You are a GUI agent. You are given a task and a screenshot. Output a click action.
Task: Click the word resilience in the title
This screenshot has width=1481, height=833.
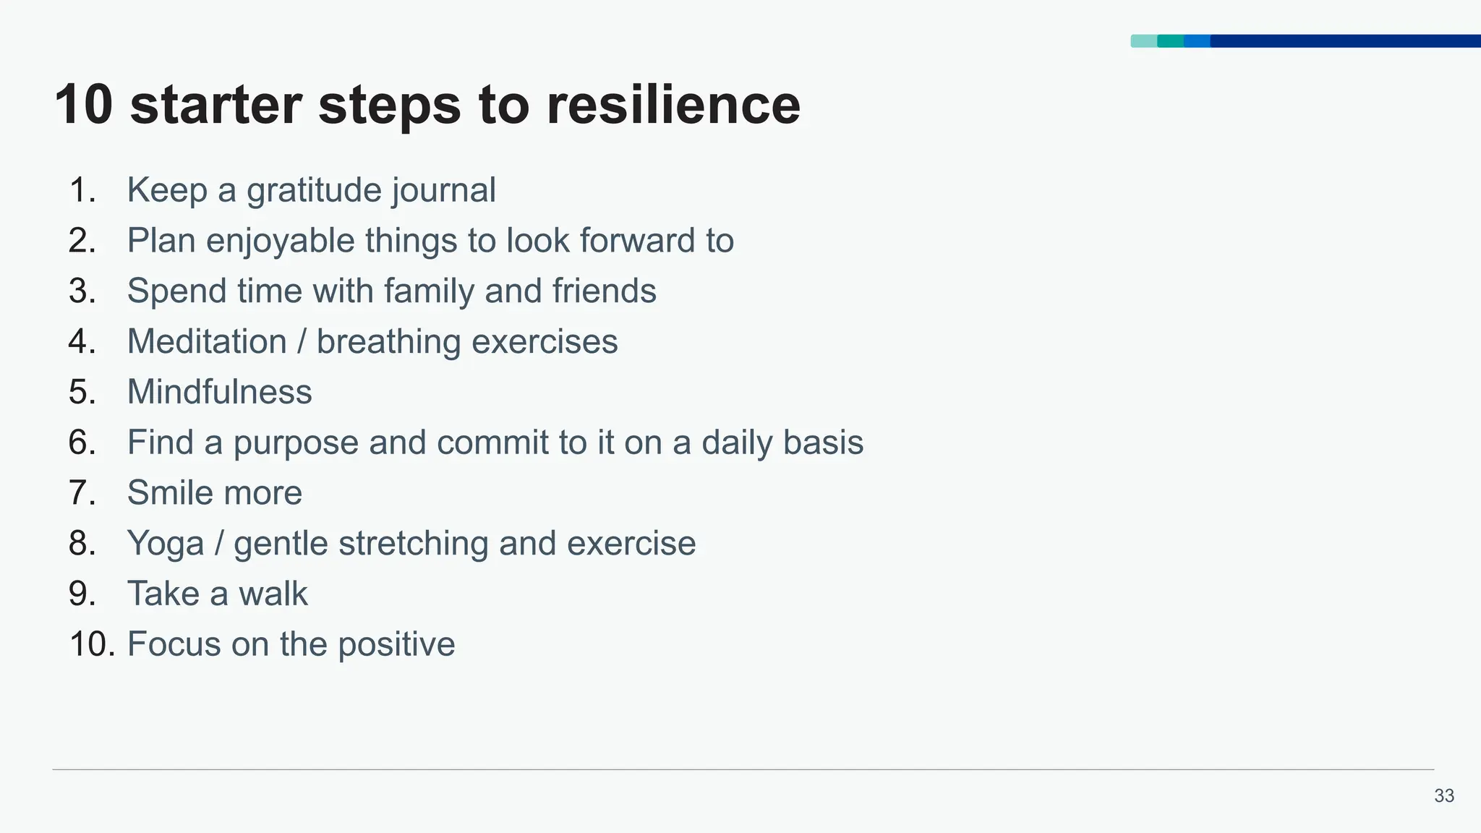tap(673, 105)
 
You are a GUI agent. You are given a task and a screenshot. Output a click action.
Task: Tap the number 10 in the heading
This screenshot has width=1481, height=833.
tap(83, 105)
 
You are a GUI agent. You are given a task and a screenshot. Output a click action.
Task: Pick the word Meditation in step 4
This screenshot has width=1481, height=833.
tap(207, 342)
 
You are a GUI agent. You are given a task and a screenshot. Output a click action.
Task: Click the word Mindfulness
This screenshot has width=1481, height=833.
tap(219, 392)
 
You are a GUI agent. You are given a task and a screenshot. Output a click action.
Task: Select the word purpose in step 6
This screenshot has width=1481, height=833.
tap(296, 443)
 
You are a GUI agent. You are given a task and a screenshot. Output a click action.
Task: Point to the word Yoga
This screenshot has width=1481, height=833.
tap(165, 544)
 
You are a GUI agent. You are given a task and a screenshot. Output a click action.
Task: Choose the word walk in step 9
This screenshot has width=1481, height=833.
tap(273, 594)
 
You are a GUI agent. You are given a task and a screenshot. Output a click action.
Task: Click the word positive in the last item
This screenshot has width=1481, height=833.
tap(396, 645)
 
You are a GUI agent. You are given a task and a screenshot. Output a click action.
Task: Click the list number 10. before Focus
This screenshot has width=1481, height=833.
tap(92, 645)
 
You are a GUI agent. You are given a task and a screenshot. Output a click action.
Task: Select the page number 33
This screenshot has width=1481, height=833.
tap(1443, 795)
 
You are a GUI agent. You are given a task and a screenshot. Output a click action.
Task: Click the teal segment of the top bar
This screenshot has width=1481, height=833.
tap(1170, 41)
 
